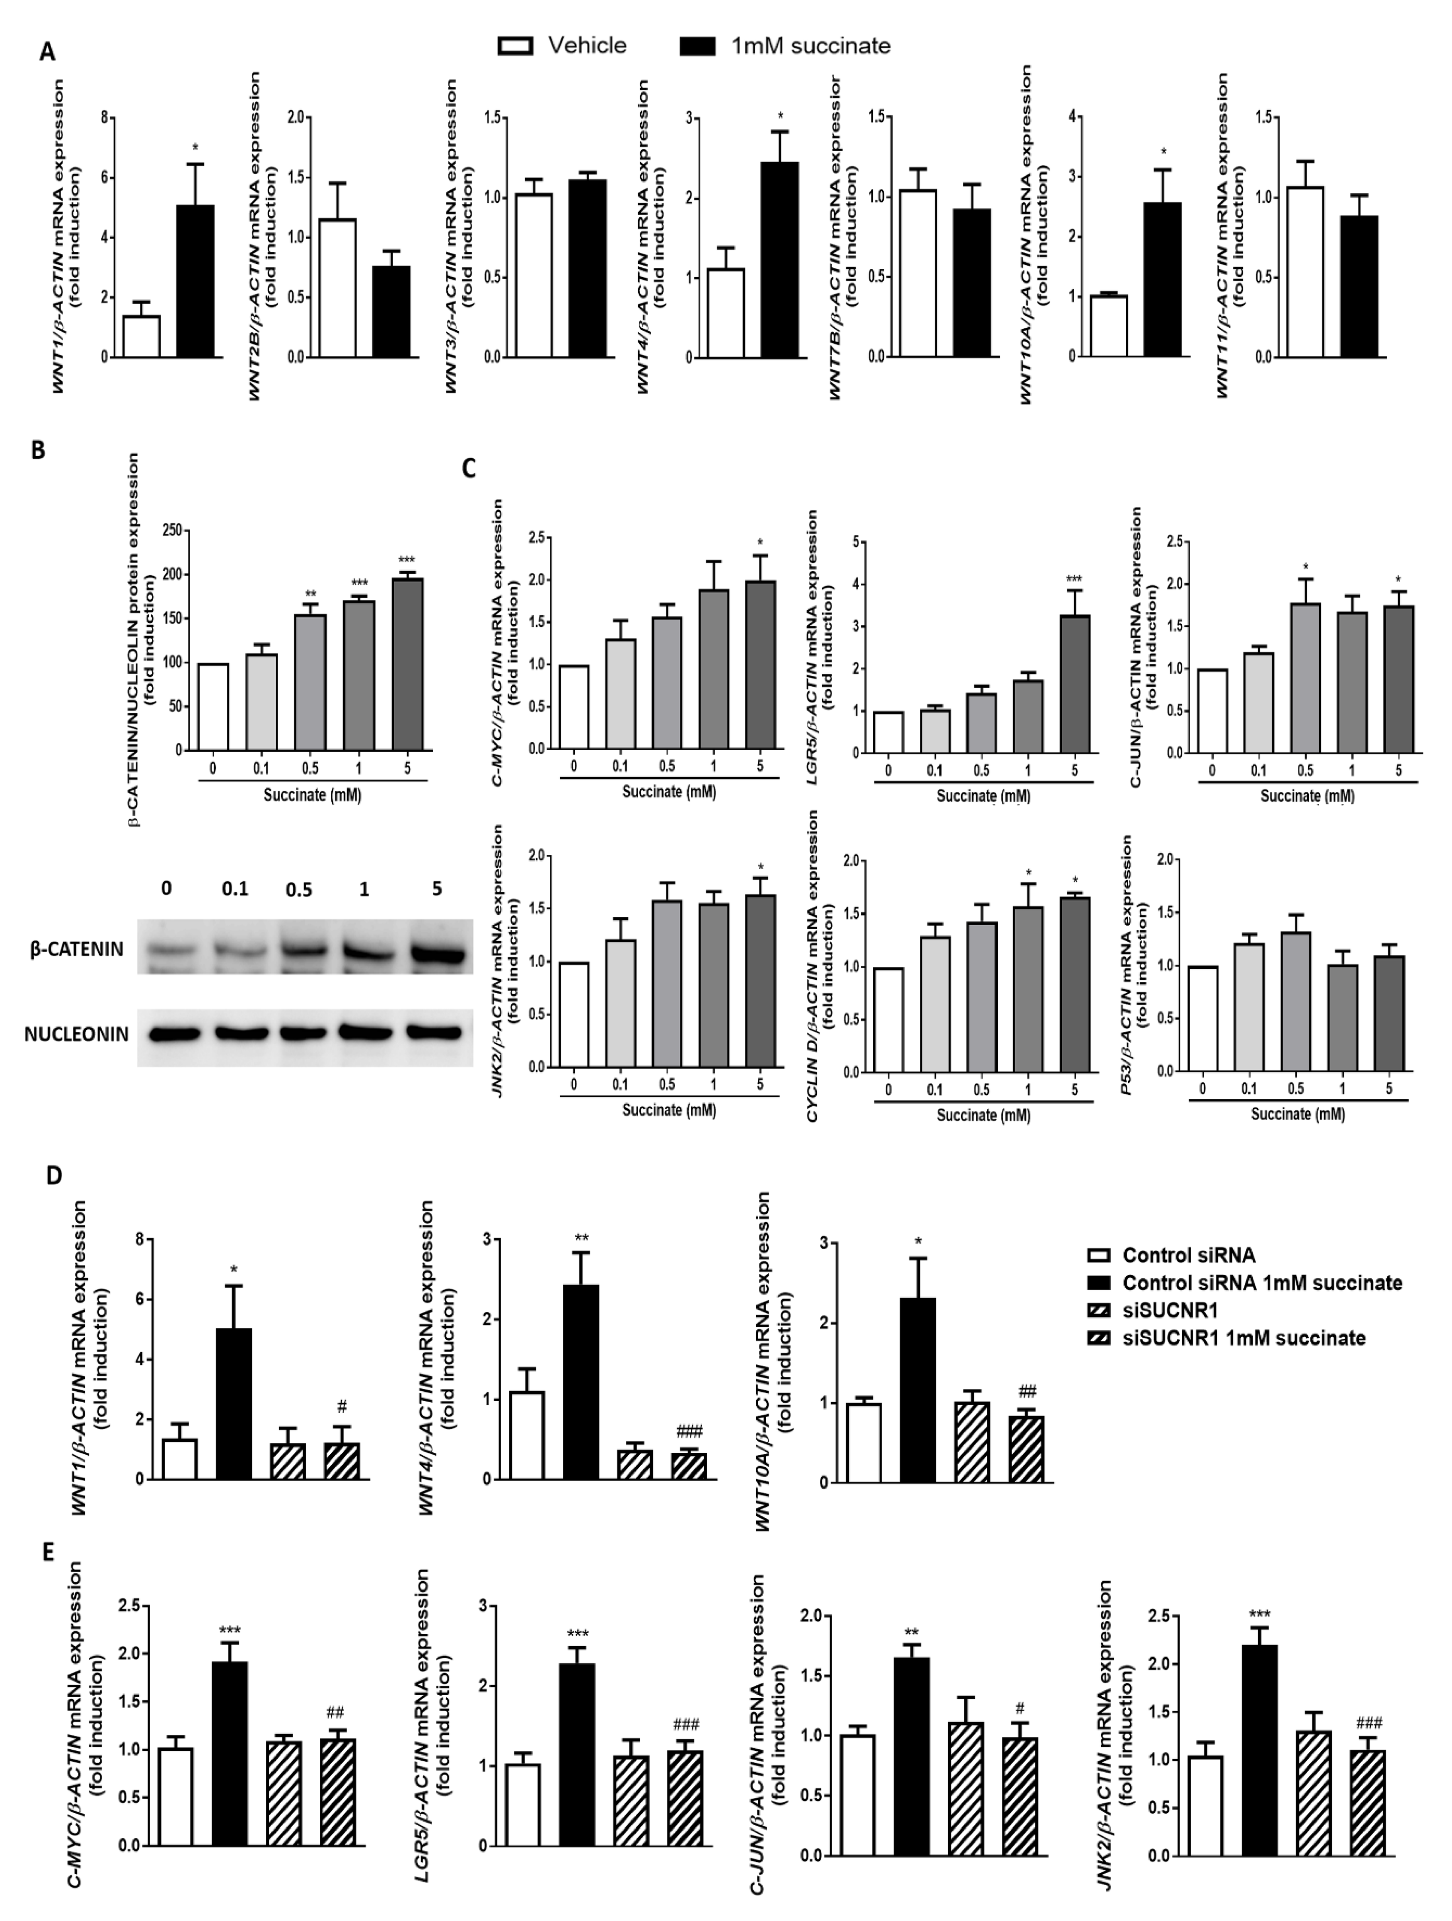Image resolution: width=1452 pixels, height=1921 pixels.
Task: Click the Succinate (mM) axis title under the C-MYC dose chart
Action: pos(669,792)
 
